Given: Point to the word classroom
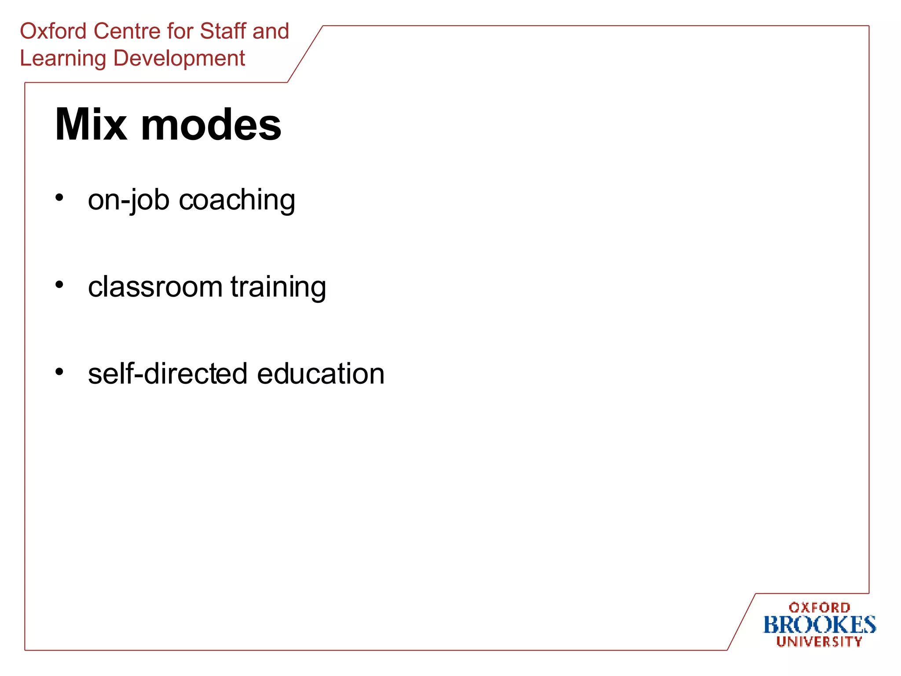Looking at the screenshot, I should (x=155, y=287).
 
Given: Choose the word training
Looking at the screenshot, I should (x=278, y=287).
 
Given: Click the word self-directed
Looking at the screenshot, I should (x=168, y=374).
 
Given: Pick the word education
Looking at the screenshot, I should (x=321, y=374).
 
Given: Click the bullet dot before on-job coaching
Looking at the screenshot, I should (x=59, y=198).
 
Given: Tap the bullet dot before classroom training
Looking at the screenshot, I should (x=59, y=285).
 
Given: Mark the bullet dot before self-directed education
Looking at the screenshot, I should (x=59, y=372).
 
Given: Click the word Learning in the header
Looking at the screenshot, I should (x=63, y=59).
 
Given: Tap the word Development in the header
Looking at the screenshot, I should (x=179, y=59).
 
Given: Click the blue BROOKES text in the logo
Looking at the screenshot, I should (x=819, y=625).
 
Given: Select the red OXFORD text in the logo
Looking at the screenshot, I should (x=819, y=608).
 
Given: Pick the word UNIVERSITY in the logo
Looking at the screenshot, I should (x=819, y=642).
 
